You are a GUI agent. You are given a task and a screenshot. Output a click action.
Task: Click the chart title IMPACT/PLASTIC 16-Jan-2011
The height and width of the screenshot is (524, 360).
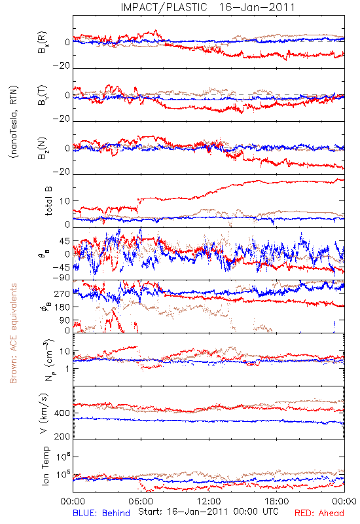pyautogui.click(x=207, y=7)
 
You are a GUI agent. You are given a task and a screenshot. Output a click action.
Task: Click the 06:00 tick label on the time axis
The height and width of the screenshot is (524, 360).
pyautogui.click(x=141, y=501)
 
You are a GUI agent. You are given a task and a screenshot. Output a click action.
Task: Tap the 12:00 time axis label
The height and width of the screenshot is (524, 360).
pyautogui.click(x=209, y=501)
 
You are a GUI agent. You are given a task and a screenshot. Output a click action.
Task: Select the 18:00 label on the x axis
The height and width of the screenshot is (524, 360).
pyautogui.click(x=277, y=501)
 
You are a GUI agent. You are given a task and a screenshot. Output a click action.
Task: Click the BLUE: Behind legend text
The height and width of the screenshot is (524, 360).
pyautogui.click(x=101, y=513)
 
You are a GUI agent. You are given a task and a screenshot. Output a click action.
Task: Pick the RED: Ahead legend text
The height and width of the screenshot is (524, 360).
pyautogui.click(x=319, y=513)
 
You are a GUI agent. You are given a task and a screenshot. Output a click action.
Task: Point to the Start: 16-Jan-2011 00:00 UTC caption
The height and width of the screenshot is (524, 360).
pyautogui.click(x=208, y=512)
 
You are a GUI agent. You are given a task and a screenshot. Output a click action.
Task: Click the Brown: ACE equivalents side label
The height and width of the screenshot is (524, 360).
pyautogui.click(x=12, y=333)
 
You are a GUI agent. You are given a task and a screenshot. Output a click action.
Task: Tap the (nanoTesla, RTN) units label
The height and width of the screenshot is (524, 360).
pyautogui.click(x=14, y=122)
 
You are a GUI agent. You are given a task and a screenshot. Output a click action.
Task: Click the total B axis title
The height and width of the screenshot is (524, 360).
pyautogui.click(x=48, y=200)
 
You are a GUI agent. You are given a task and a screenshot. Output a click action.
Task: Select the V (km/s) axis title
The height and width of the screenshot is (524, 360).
pyautogui.click(x=44, y=413)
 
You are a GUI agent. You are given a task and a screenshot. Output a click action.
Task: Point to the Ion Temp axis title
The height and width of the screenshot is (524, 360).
pyautogui.click(x=45, y=466)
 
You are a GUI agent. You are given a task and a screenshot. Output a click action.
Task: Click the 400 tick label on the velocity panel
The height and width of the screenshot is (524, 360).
pyautogui.click(x=62, y=413)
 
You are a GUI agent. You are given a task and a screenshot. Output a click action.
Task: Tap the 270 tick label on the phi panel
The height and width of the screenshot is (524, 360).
pyautogui.click(x=62, y=293)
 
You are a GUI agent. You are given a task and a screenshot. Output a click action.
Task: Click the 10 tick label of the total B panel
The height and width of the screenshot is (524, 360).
pyautogui.click(x=65, y=201)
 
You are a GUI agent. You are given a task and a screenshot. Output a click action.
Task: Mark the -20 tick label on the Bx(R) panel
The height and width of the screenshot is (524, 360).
pyautogui.click(x=62, y=66)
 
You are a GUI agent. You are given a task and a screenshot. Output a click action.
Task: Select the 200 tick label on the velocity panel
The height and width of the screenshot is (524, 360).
pyautogui.click(x=62, y=436)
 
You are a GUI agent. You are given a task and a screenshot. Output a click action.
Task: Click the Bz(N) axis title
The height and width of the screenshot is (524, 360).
pyautogui.click(x=43, y=148)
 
